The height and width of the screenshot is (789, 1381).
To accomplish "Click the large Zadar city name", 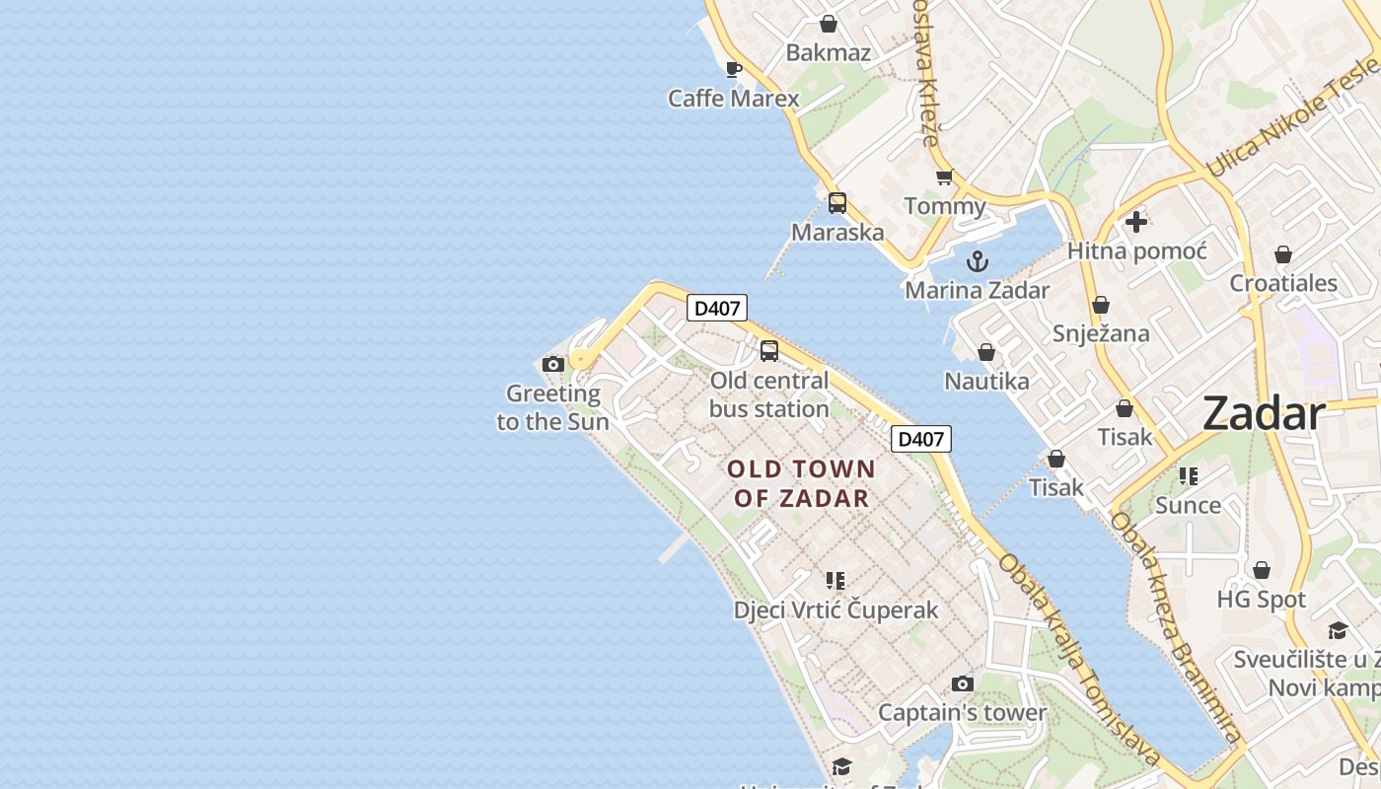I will [1264, 413].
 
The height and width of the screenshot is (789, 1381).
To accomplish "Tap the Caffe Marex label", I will [734, 99].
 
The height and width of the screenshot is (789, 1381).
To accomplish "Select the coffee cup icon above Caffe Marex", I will [733, 69].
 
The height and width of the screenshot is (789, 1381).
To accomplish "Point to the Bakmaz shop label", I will [829, 52].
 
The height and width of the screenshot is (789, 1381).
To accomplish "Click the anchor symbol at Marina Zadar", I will [978, 261].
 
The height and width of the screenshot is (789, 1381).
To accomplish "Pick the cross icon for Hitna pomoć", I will [1136, 222].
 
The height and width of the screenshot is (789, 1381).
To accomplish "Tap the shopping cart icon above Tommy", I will [944, 178].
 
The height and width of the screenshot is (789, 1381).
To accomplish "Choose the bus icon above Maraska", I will [837, 203].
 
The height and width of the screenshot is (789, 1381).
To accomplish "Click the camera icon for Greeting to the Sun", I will [553, 365].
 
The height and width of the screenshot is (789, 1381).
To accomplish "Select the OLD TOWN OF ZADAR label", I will [801, 483].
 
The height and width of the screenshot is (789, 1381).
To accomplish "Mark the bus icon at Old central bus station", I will [769, 350].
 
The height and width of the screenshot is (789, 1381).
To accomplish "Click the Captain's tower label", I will [962, 712].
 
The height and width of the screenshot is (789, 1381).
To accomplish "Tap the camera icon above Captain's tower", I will [962, 683].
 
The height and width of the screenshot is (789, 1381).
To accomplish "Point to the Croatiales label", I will [1283, 283].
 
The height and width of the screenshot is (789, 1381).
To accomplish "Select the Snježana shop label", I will [1101, 333].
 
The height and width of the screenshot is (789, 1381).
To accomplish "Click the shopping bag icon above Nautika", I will [985, 352].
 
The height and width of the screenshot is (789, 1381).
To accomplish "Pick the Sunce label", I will [1188, 505].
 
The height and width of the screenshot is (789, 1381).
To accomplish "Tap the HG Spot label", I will [1261, 600].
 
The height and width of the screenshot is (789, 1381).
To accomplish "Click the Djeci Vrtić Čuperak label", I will [836, 610].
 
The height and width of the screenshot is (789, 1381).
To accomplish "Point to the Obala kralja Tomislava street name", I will [1080, 660].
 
